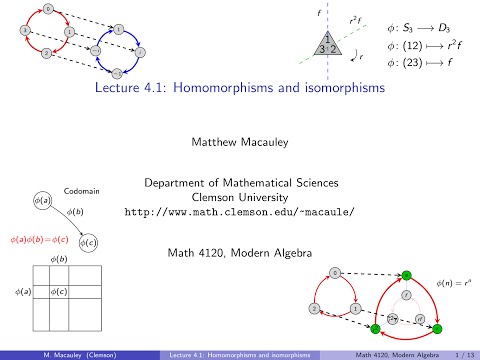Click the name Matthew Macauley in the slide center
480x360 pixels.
pyautogui.click(x=240, y=142)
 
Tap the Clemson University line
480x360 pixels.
pyautogui.click(x=240, y=197)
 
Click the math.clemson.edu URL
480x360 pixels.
pyautogui.click(x=240, y=212)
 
